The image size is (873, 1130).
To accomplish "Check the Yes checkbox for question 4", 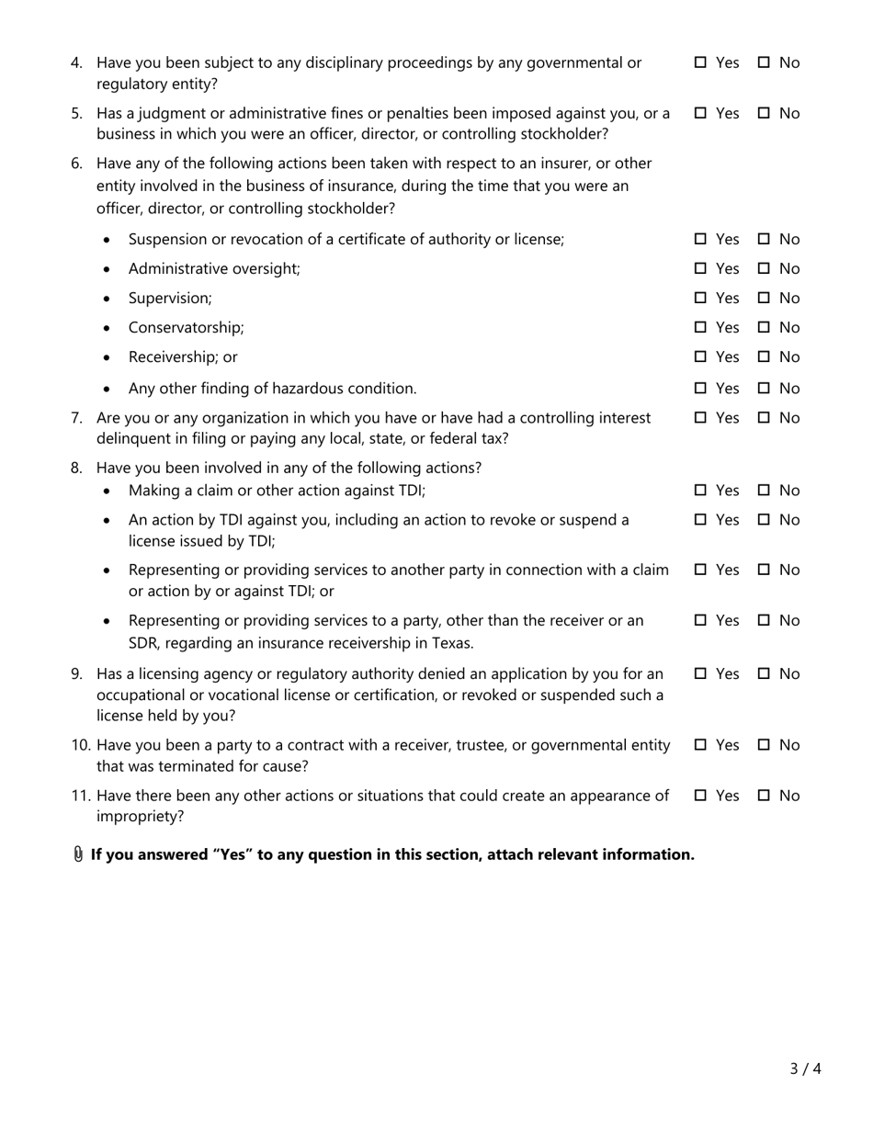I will (700, 62).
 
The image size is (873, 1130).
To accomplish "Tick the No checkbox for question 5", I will (764, 113).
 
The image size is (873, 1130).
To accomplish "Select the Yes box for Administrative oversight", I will (700, 268).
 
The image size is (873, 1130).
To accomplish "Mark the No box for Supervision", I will (764, 298).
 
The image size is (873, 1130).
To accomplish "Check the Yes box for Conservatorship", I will (700, 327).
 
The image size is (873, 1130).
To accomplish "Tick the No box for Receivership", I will (764, 356).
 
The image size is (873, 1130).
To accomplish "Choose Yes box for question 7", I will (700, 417).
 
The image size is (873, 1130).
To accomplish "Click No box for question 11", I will (764, 796).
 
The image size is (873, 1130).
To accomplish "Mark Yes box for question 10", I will (700, 745).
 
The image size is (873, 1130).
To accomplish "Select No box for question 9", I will (764, 673).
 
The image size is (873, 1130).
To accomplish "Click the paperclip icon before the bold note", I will (78, 854).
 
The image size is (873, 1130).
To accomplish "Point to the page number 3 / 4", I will (805, 1068).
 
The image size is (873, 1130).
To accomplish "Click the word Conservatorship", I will (186, 327).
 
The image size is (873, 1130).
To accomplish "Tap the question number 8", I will (76, 468).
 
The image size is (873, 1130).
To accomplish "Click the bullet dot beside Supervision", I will (108, 299).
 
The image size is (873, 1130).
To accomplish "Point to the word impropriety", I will (140, 816).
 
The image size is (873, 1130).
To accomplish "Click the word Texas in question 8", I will (454, 642).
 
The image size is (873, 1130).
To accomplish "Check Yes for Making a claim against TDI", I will (700, 490).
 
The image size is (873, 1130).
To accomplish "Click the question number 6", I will (76, 164).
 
